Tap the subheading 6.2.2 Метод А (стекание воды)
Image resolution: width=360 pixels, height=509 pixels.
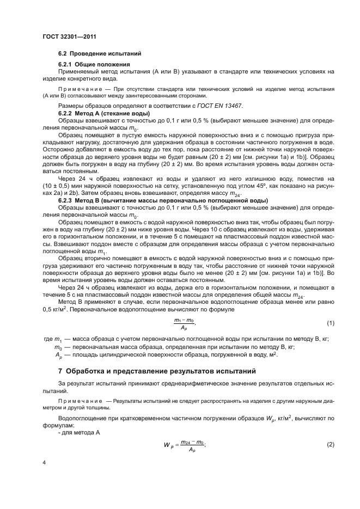(101, 113)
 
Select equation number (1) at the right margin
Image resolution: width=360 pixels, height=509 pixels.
(330, 323)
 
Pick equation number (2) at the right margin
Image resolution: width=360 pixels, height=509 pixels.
(330, 446)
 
